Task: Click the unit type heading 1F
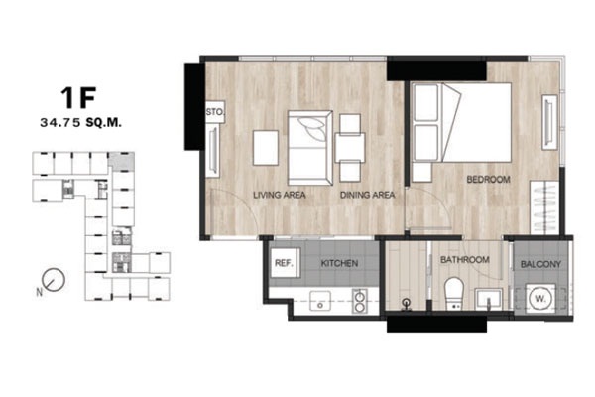78,97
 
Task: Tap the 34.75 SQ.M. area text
81,123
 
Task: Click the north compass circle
54,280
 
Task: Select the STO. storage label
215,112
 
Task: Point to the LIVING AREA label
280,195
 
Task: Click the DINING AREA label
367,195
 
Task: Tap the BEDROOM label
488,179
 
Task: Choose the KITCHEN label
339,263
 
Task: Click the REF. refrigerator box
285,263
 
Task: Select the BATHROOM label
465,260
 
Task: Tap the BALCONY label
540,264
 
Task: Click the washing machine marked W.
540,299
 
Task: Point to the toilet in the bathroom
454,294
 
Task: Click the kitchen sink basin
320,301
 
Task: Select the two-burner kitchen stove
359,301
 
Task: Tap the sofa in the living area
310,148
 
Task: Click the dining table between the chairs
350,148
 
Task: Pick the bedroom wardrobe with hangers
544,207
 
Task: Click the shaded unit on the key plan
121,162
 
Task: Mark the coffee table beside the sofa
266,148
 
